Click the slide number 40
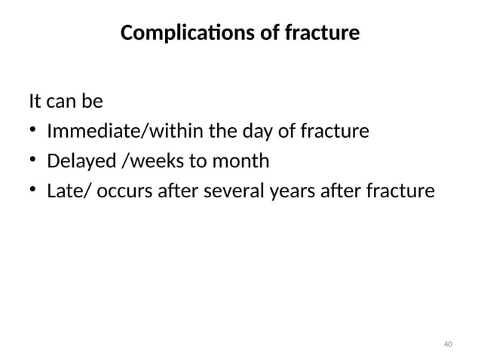[448, 344]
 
